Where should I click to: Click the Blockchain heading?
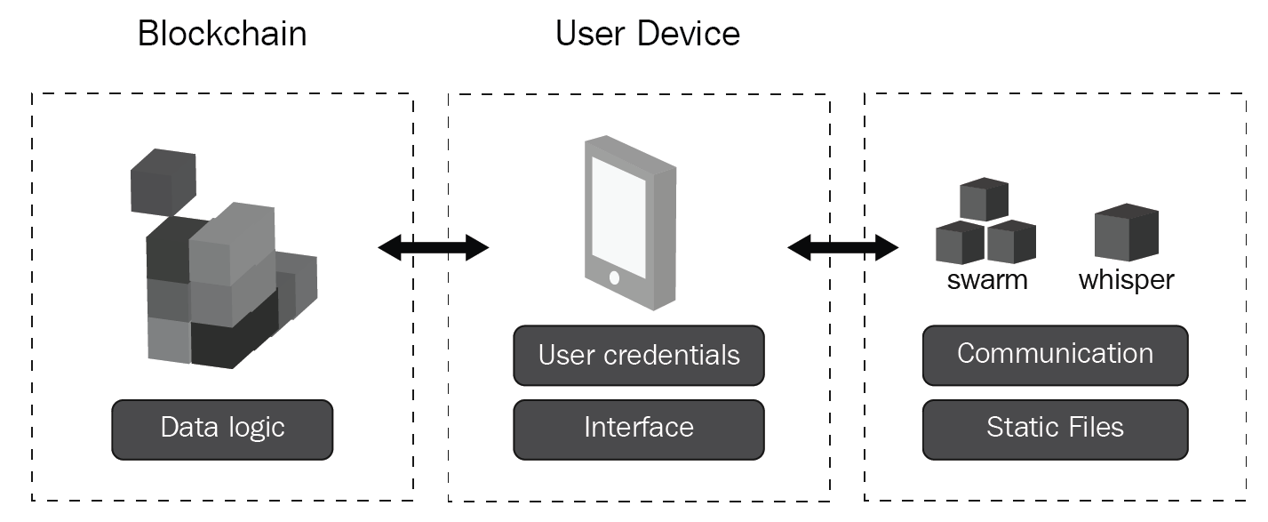tap(222, 34)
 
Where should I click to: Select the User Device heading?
tap(648, 34)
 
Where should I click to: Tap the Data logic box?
tap(222, 429)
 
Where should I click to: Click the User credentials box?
tap(639, 356)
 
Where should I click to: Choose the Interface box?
tap(639, 429)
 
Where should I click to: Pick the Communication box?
tap(1055, 354)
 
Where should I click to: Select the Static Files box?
tap(1055, 429)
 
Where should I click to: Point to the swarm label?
tap(987, 281)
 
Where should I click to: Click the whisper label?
tap(1126, 281)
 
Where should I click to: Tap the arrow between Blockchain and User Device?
tap(434, 247)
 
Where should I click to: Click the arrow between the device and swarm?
tap(843, 247)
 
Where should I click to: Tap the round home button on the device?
tap(614, 277)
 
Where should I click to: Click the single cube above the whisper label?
tap(1126, 233)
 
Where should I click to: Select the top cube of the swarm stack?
tap(985, 199)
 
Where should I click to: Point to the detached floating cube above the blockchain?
tap(163, 182)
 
